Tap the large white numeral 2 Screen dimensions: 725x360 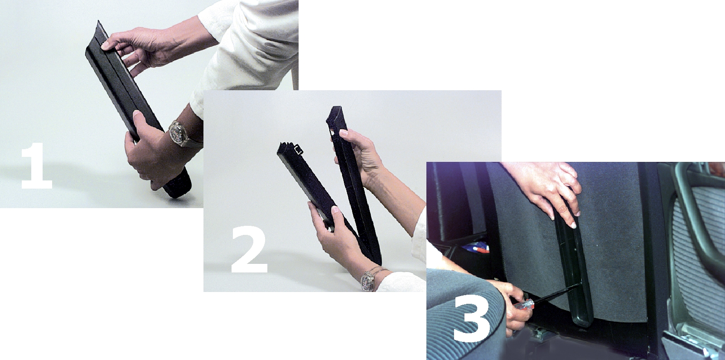[249, 248]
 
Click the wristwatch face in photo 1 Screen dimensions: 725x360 [178, 133]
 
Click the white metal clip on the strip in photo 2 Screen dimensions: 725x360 [299, 150]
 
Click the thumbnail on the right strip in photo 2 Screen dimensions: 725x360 [343, 132]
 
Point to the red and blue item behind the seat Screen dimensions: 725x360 [475, 249]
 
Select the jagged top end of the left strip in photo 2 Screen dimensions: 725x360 [286, 148]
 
